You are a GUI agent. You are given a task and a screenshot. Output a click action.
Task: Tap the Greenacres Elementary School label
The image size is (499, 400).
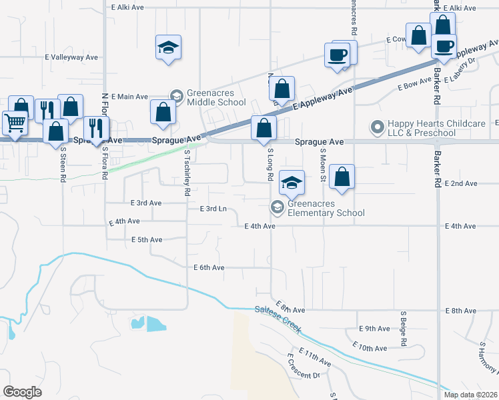[x=326, y=209]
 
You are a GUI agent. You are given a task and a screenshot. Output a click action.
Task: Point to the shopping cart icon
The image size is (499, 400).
[x=14, y=122]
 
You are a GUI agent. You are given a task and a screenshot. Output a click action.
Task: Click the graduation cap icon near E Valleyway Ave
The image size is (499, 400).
[x=168, y=47]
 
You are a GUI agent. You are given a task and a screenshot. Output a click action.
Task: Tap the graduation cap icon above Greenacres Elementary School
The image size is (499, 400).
[x=292, y=182]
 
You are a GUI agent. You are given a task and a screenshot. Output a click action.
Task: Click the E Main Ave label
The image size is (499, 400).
[x=129, y=97]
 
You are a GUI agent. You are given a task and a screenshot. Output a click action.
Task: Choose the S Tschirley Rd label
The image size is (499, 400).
[x=187, y=173]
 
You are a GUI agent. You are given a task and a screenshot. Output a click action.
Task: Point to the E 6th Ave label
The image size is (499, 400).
[x=209, y=267]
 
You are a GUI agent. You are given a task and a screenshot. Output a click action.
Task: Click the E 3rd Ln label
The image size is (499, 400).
[x=213, y=209]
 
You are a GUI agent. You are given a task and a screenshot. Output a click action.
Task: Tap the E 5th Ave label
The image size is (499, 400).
[x=147, y=239]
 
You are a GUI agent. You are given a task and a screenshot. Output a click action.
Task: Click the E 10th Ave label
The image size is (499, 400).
[x=372, y=348]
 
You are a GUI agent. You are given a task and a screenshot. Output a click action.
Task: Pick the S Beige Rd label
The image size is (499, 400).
[x=404, y=327]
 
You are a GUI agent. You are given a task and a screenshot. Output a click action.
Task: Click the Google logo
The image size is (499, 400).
[x=22, y=391]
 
